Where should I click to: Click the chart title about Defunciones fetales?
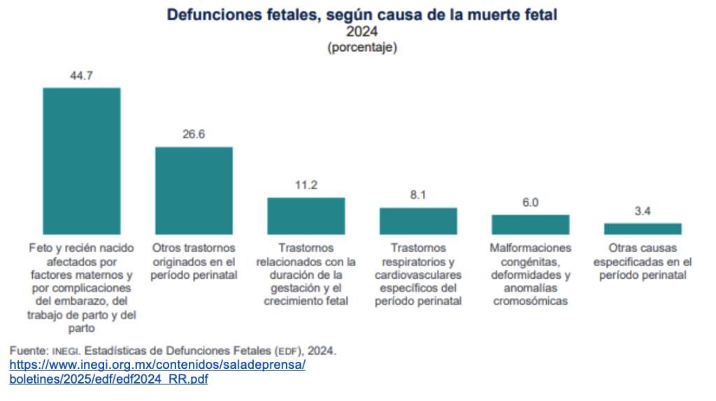[x=361, y=15]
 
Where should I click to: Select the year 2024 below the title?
[x=361, y=32]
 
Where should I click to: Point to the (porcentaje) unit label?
[x=361, y=48]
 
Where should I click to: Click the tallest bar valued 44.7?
[x=82, y=161]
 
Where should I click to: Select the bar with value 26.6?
[x=194, y=190]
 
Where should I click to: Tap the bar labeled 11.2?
[x=306, y=216]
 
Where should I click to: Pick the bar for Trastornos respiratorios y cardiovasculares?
[x=418, y=221]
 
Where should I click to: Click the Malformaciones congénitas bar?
[x=530, y=224]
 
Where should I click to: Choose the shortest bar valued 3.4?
[x=643, y=228]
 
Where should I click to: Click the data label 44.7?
[x=82, y=75]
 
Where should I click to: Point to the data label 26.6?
[x=194, y=134]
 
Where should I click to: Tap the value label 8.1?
[x=418, y=195]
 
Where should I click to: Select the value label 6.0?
[x=530, y=203]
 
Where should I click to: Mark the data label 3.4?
[x=643, y=211]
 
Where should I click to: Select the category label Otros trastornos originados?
[x=194, y=261]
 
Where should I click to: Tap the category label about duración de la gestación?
[x=306, y=275]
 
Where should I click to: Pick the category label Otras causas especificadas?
[x=643, y=261]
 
